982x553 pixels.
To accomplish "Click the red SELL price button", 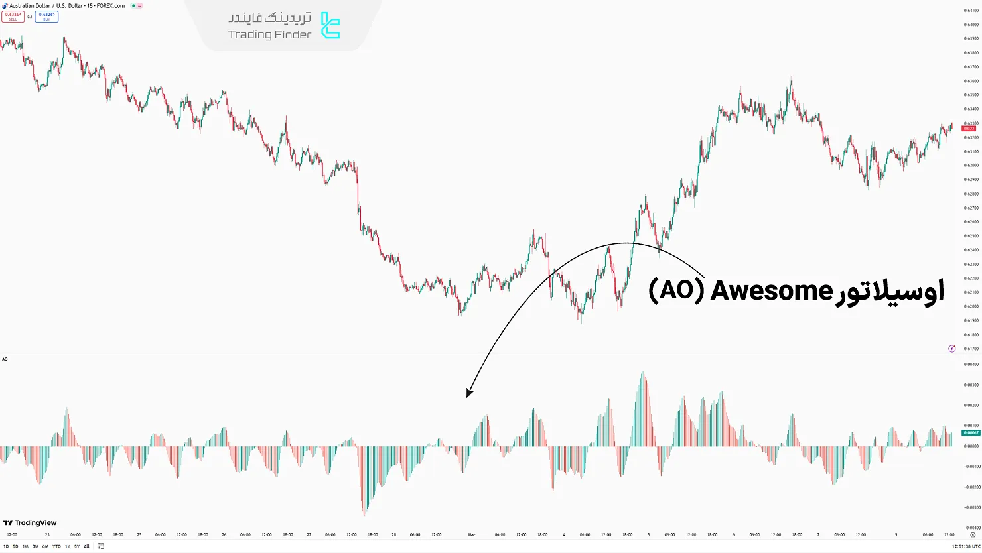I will point(13,16).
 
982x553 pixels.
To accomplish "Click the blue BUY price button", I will point(46,16).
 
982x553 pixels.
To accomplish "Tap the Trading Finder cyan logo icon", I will point(330,26).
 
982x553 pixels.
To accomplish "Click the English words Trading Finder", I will point(269,34).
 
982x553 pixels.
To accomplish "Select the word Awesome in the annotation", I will point(771,291).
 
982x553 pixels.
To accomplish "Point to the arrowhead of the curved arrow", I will point(468,393).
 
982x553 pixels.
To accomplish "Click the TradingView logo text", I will point(36,523).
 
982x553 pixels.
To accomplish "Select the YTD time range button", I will point(56,546).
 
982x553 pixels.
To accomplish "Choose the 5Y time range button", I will point(76,546).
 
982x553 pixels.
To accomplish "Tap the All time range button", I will point(86,546).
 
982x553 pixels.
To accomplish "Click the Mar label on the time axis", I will point(472,534).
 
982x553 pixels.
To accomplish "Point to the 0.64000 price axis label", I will point(971,25).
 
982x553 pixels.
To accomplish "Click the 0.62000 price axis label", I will point(971,306).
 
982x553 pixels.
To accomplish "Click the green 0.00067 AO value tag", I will point(970,432).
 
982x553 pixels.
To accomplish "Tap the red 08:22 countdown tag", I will point(969,128).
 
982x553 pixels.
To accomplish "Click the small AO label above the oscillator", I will point(5,359).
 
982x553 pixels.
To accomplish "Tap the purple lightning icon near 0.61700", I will point(952,349).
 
